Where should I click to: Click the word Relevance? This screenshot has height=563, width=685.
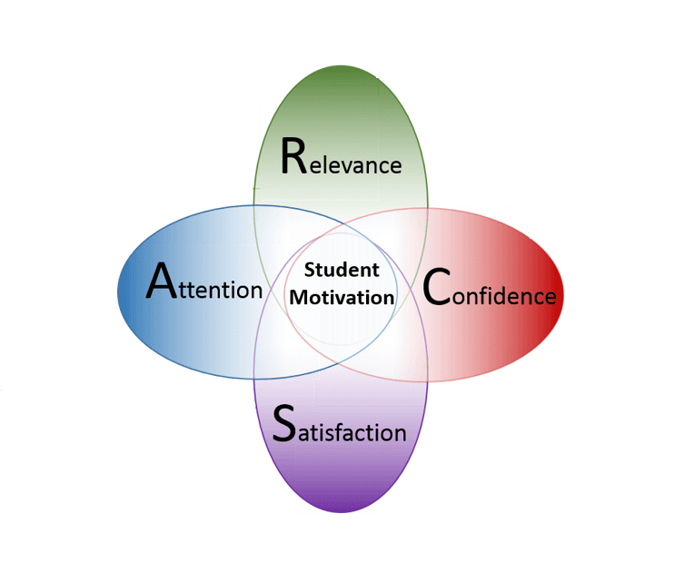341,158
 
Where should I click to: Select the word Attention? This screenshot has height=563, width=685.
204,284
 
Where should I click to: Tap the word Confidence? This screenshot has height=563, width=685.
490,291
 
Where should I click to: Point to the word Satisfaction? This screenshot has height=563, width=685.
340,426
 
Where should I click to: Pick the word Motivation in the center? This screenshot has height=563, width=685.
342,297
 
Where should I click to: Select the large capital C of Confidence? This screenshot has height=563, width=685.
437,288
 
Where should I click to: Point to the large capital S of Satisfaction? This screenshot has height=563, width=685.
284,423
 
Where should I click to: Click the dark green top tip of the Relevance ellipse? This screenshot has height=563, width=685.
341,74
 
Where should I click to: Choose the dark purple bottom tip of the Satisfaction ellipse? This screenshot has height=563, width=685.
341,505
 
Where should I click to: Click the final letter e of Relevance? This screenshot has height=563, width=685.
394,166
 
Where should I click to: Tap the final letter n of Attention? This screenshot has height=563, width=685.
256,291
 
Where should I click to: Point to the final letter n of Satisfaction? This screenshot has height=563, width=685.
399,433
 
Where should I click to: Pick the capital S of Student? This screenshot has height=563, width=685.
310,270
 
